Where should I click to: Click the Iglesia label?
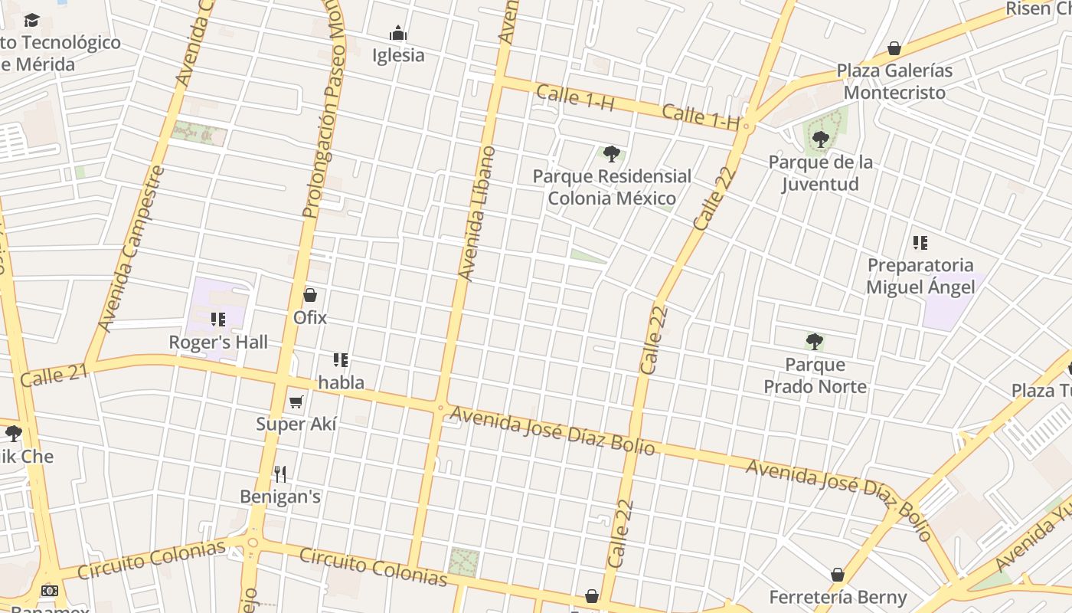397,55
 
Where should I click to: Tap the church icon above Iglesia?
397,33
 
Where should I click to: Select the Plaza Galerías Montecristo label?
894,81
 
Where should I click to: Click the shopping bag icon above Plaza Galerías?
894,49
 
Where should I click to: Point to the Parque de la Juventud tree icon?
820,139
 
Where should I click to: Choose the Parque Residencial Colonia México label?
612,187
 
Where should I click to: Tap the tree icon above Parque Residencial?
611,154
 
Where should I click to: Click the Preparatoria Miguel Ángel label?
920,276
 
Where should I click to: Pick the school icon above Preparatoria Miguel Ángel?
920,243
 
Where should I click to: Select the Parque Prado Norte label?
815,375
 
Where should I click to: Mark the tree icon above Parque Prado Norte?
815,341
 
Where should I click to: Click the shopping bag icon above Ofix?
310,295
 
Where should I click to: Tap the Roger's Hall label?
218,342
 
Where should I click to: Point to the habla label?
342,382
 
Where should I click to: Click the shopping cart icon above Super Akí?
296,402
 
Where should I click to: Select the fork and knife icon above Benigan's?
280,474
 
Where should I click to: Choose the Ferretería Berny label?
838,597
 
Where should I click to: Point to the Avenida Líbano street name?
476,213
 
